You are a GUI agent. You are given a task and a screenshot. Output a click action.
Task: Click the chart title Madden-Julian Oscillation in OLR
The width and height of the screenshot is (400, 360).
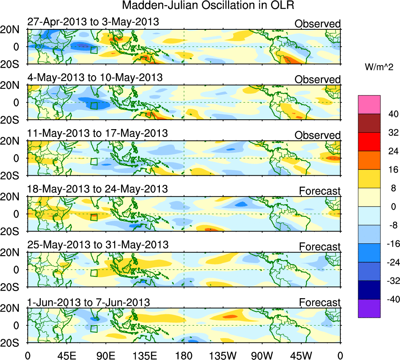(208, 5)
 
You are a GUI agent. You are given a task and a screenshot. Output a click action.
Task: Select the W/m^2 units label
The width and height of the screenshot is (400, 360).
(378, 67)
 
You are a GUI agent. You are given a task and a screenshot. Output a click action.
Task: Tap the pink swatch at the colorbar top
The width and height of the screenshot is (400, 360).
(369, 104)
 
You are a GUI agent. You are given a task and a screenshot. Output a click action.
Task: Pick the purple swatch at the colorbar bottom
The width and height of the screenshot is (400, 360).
(369, 308)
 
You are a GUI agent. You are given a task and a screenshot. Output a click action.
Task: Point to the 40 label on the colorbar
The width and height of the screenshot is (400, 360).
(392, 114)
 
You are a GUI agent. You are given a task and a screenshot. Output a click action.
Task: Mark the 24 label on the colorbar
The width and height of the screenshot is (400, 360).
(392, 151)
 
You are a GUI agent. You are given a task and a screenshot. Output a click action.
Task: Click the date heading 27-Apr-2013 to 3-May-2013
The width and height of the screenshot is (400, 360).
(93, 22)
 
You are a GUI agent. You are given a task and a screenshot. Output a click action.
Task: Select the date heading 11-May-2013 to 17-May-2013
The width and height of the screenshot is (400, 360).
(98, 133)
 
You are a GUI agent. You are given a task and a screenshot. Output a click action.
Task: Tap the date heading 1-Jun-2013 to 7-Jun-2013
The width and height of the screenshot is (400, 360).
(89, 302)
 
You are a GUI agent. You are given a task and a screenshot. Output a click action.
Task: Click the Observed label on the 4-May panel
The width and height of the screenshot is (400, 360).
(318, 79)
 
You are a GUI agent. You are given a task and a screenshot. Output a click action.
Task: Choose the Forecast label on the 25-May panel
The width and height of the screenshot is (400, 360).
(320, 247)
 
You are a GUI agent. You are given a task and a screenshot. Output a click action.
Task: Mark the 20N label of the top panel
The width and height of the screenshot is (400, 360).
(13, 30)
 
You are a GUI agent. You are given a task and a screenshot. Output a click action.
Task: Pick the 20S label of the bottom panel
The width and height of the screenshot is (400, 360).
(13, 342)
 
